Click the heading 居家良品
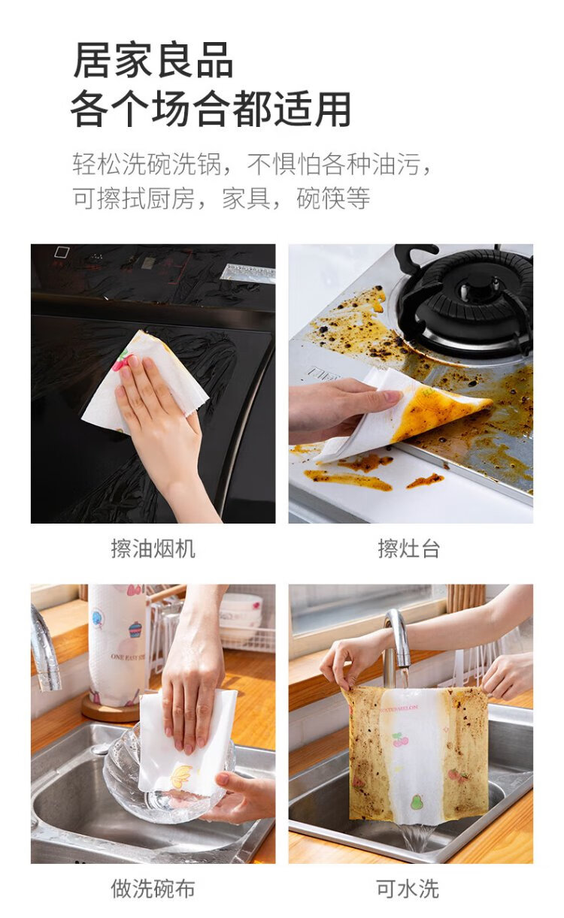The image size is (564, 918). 153,61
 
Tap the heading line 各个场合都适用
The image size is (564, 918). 211,109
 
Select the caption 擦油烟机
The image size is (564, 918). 153,548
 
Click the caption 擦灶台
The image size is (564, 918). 409,548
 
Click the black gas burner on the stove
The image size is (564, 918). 465,301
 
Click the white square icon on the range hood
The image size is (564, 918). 62,252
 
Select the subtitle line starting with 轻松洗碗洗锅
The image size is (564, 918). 253,164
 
